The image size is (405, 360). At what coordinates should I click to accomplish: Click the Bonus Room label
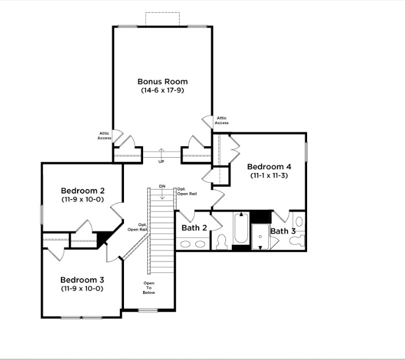(x=162, y=81)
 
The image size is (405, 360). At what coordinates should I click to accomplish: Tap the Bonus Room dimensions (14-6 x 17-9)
(x=162, y=90)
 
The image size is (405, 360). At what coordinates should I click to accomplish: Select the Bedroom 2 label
(x=83, y=191)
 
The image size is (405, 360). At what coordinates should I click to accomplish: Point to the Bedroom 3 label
(x=82, y=280)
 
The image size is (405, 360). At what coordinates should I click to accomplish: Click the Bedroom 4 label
(x=269, y=167)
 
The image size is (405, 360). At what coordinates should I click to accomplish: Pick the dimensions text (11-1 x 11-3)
(x=269, y=176)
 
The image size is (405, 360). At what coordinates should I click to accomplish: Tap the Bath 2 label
(x=194, y=228)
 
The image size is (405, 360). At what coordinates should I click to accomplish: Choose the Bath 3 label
(x=283, y=231)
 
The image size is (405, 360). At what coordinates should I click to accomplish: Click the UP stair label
(x=161, y=162)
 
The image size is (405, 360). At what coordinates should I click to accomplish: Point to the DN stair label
(x=162, y=186)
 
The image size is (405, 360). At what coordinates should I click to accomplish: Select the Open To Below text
(x=149, y=288)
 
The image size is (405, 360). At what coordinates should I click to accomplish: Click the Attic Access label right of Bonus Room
(x=221, y=121)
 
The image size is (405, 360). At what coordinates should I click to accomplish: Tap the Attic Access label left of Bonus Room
(x=104, y=136)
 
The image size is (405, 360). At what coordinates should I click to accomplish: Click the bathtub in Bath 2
(x=241, y=228)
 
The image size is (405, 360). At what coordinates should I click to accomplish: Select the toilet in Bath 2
(x=221, y=242)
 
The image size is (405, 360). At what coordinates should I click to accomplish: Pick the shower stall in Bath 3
(x=260, y=237)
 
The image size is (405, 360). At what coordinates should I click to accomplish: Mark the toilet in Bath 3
(x=297, y=241)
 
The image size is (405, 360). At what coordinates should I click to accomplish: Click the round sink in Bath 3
(x=299, y=221)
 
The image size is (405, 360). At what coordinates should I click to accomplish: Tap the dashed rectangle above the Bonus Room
(x=162, y=19)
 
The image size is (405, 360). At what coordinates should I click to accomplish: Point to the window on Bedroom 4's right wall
(x=307, y=152)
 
